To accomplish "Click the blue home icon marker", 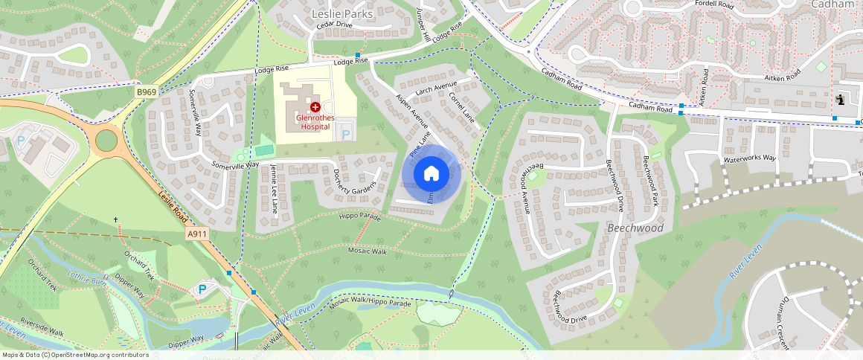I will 431,173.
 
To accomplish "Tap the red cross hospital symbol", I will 315,107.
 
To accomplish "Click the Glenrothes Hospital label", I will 316,122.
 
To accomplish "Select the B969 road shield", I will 147,91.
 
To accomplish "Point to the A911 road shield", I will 196,234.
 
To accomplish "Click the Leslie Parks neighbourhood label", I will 341,13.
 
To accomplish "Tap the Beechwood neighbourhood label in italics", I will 635,228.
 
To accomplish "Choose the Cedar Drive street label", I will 334,25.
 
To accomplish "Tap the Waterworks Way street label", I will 749,158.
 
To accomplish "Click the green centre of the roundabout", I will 107,140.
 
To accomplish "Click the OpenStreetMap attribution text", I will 75,355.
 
